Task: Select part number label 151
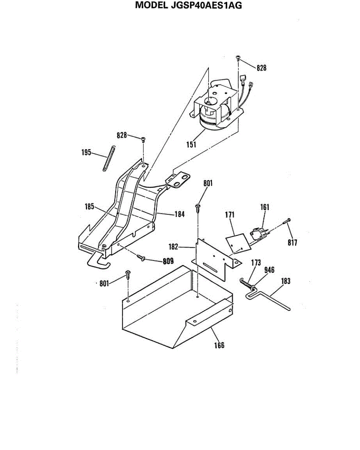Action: click(x=192, y=144)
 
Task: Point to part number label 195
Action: click(x=87, y=153)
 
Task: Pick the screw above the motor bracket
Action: click(x=238, y=58)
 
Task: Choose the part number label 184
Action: click(x=180, y=214)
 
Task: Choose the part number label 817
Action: click(x=292, y=243)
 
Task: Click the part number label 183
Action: click(x=285, y=281)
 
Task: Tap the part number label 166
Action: click(x=219, y=345)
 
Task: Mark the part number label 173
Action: click(x=256, y=263)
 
